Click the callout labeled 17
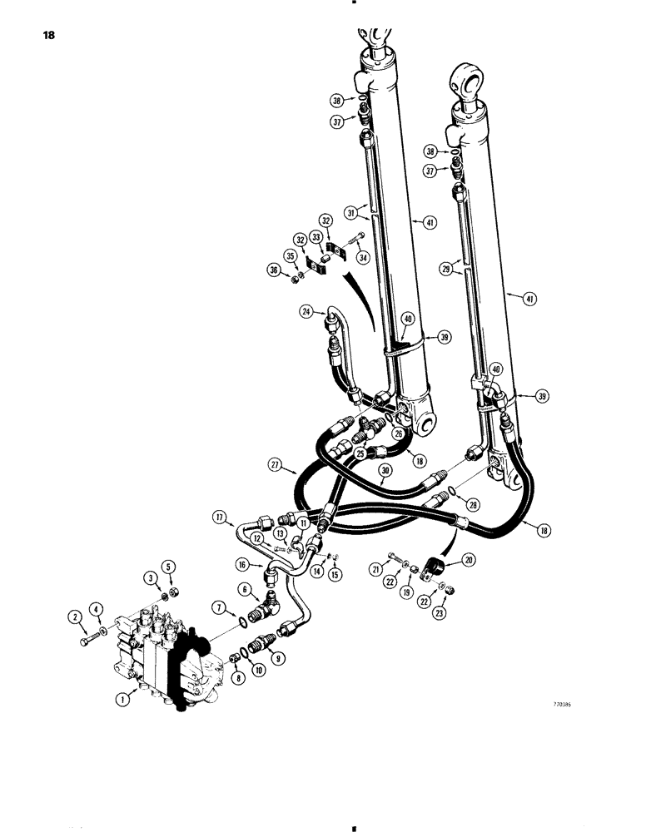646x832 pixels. (220, 518)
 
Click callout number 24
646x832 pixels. (306, 312)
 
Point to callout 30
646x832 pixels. (385, 470)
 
